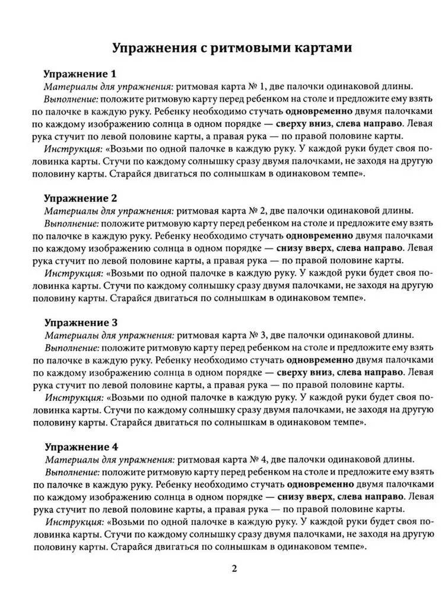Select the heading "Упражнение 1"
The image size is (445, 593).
(82, 75)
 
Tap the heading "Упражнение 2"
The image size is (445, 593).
(82, 198)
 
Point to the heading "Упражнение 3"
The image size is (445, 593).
(82, 322)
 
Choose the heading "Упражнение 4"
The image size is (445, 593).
(82, 446)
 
